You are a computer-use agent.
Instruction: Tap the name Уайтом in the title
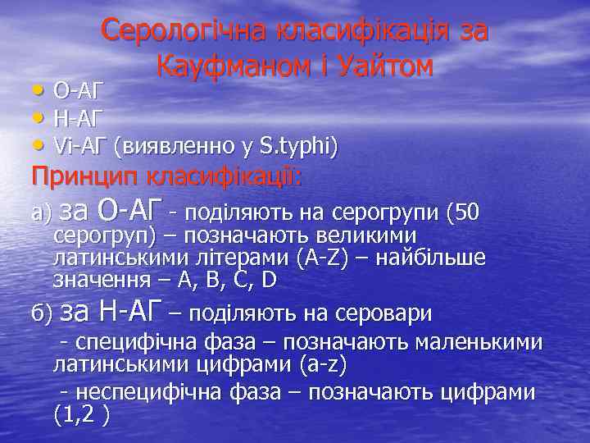point(384,66)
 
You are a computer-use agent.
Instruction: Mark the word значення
point(101,280)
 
